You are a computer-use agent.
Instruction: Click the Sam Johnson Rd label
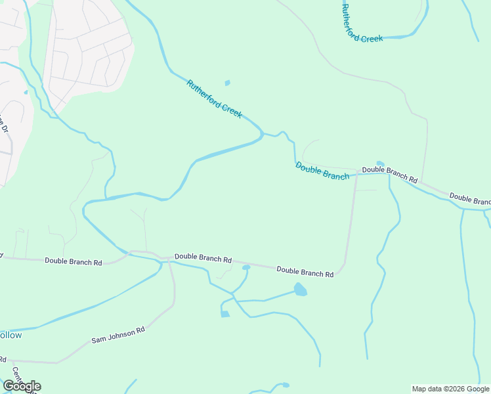pyautogui.click(x=117, y=336)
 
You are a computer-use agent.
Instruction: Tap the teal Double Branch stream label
pyautogui.click(x=322, y=171)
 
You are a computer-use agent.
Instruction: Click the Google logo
pyautogui.click(x=22, y=386)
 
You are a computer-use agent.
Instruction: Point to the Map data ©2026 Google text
pyautogui.click(x=450, y=389)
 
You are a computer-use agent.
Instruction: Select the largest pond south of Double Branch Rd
pyautogui.click(x=300, y=289)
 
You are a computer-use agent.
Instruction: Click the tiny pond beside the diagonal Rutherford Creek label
pyautogui.click(x=228, y=83)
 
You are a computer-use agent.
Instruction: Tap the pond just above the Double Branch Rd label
pyautogui.click(x=380, y=164)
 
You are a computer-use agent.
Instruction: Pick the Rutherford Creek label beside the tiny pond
pyautogui.click(x=214, y=99)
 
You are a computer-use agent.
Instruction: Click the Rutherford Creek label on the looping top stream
pyautogui.click(x=362, y=24)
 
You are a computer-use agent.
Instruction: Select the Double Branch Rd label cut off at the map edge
pyautogui.click(x=470, y=198)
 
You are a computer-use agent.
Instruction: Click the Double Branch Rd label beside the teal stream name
pyautogui.click(x=389, y=174)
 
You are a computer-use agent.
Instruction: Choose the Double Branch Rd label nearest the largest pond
pyautogui.click(x=305, y=271)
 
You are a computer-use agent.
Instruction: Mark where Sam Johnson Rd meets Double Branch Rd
pyautogui.click(x=169, y=260)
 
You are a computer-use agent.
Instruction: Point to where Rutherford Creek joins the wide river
pyautogui.click(x=263, y=135)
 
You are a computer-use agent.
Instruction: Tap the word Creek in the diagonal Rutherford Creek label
pyautogui.click(x=232, y=110)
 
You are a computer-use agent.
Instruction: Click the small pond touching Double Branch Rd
pyautogui.click(x=246, y=267)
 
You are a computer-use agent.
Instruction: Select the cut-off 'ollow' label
pyautogui.click(x=11, y=335)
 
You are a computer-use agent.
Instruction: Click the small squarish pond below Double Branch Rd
pyautogui.click(x=225, y=314)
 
